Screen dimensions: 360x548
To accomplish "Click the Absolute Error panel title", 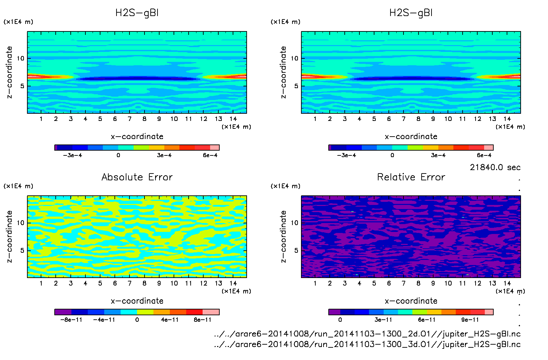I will (137, 177).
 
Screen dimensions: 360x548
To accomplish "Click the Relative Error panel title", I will (411, 177).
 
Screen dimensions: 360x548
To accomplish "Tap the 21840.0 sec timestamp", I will (495, 167).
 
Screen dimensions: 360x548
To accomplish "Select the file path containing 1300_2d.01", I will (367, 334).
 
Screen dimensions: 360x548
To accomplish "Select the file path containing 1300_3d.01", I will (367, 344).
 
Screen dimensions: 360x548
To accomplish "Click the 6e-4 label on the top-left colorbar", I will (210, 155).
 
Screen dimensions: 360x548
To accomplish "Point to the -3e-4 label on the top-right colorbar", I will (346, 155).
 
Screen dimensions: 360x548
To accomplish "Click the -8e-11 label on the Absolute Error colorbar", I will (71, 320).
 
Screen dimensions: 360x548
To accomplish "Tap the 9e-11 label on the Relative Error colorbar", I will (470, 320).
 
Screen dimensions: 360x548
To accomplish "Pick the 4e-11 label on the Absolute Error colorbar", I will (170, 320).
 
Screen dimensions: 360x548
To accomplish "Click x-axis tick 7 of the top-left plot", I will (129, 119).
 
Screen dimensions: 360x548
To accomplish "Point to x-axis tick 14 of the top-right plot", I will (507, 119).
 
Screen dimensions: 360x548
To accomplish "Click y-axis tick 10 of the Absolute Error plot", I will (20, 223).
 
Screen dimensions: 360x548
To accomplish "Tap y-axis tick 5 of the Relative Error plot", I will (296, 250).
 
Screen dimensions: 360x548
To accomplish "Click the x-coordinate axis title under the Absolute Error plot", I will (137, 301).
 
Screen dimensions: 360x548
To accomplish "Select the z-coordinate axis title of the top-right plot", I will (283, 72).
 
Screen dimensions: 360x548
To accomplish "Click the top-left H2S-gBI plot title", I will (137, 13).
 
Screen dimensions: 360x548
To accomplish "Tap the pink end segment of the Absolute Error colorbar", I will (211, 312).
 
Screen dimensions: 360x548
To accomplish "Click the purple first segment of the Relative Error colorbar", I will (334, 312).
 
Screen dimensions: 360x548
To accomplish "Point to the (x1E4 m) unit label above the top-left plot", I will (18, 22).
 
